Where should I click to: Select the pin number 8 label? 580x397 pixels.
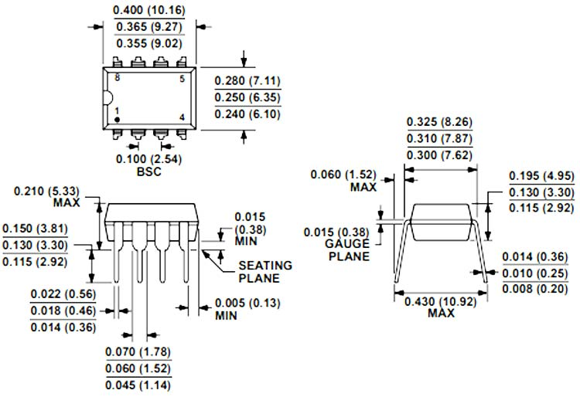coord(118,78)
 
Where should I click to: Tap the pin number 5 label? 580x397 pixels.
coord(182,78)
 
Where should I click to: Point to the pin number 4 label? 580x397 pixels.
coord(182,117)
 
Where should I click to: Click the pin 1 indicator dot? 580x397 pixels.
coord(118,120)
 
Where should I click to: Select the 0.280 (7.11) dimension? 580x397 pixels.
coord(247,81)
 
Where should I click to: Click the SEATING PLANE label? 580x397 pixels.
coord(265,271)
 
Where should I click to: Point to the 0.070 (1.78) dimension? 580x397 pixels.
coord(138,351)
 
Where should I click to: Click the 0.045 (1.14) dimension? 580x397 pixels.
coord(138,385)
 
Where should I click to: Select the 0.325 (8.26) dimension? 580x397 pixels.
coord(439,122)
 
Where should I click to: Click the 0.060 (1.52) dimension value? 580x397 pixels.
coord(343,174)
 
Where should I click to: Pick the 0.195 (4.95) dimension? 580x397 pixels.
coord(541,177)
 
